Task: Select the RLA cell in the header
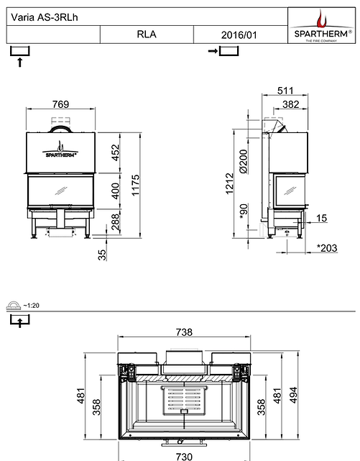146,34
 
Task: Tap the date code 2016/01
239,34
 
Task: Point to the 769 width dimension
61,104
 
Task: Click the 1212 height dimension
229,183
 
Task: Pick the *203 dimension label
328,248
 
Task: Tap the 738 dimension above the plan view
185,332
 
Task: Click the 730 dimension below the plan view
185,456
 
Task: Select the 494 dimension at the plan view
292,395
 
